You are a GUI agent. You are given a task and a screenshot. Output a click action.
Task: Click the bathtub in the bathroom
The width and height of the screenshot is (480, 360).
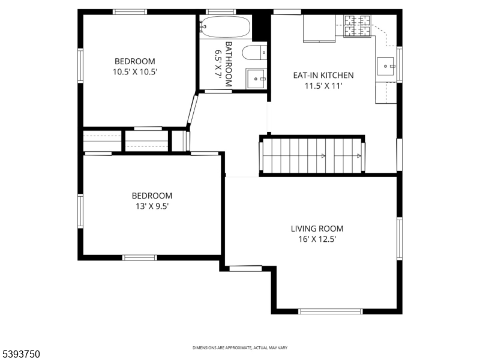tap(225, 27)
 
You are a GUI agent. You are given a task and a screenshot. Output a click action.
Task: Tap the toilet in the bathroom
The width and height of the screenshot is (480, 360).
tap(254, 53)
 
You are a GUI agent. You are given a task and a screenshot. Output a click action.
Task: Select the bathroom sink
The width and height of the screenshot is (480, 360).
tap(256, 79)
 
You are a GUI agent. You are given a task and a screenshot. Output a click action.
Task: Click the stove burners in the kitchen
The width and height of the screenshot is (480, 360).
tap(357, 26)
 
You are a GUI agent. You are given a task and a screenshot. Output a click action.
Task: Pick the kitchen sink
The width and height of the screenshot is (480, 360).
tap(385, 66)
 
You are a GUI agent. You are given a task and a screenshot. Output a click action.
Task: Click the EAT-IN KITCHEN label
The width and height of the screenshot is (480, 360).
tap(323, 76)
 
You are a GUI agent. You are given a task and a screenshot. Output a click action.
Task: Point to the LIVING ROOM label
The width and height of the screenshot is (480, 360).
tap(317, 229)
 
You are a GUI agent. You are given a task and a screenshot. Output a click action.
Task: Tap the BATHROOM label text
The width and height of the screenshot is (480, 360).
tap(229, 64)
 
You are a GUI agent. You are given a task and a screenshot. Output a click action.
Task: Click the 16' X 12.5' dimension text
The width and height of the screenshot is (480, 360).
tap(317, 239)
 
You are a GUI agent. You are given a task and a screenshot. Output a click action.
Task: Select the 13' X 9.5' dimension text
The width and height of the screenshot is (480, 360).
tap(152, 206)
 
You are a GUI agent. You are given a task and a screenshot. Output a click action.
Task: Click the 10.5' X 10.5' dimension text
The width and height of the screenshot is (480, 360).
tap(135, 72)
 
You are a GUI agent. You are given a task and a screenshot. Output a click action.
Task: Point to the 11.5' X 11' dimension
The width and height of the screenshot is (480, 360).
tap(323, 86)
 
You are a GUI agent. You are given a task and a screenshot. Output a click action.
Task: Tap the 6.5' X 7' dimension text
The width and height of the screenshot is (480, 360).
tap(218, 64)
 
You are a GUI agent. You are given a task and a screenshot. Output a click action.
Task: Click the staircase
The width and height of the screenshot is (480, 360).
tap(312, 155)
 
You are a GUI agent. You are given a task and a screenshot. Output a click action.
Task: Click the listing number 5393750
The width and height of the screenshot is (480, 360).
tap(20, 354)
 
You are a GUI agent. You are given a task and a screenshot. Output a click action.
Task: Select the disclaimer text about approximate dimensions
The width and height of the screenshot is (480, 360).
tap(239, 348)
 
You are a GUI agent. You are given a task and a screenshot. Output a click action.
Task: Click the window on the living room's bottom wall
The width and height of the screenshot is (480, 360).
tap(331, 311)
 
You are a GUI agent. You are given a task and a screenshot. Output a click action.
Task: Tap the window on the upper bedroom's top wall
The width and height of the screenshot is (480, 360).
tap(130, 12)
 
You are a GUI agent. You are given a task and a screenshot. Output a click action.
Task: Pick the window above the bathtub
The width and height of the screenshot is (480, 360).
tap(221, 12)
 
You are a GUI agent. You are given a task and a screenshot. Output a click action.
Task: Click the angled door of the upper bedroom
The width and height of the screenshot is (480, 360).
tap(193, 110)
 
